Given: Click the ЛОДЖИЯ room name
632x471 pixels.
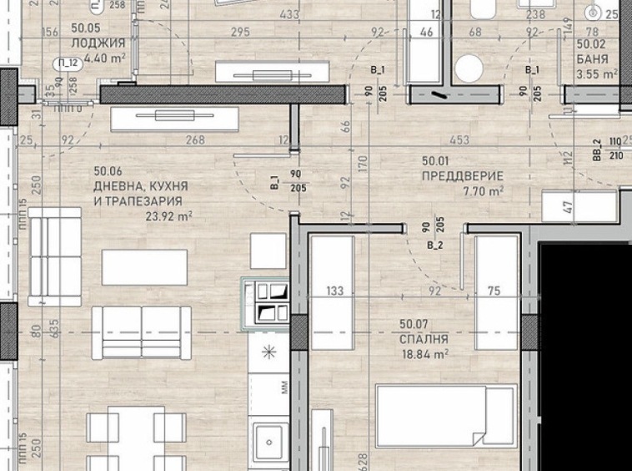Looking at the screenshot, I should (98, 43).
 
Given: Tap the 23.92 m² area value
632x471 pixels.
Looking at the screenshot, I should (168, 215).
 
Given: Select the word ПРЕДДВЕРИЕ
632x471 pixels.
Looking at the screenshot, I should (463, 176).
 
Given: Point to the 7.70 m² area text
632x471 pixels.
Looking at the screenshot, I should (484, 191).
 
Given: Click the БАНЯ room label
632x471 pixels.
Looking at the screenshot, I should (592, 59).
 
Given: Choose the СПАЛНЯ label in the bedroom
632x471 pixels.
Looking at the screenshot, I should (424, 339).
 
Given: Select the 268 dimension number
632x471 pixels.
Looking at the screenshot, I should (196, 140).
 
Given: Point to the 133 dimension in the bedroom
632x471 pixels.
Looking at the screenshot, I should (335, 291).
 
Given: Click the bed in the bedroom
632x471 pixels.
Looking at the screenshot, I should (445, 426).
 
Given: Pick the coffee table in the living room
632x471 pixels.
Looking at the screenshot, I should (144, 267).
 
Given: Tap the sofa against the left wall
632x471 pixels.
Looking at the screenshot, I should (54, 256).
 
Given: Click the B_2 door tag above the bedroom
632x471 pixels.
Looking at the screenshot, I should (434, 246).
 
